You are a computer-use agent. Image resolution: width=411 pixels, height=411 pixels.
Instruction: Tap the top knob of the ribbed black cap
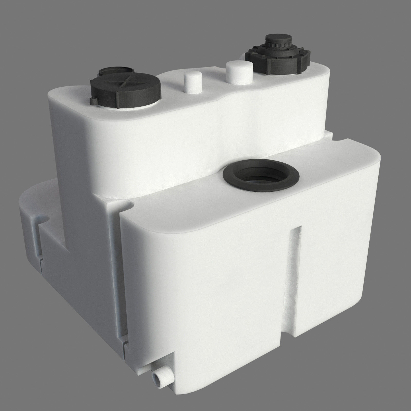pyautogui.click(x=278, y=39)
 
